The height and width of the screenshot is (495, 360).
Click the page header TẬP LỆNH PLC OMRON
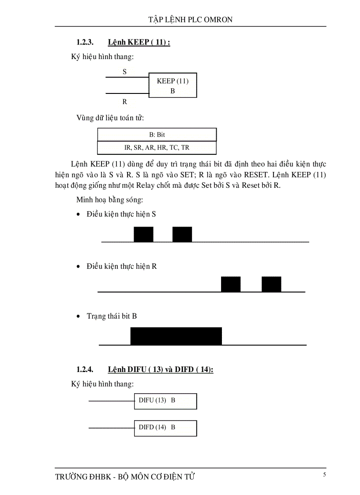pos(190,19)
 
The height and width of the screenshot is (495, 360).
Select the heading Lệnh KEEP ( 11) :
pos(139,43)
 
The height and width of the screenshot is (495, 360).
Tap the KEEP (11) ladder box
pos(173,85)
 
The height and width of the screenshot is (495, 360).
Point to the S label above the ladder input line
pos(125,71)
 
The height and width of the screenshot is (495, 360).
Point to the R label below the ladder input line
pos(125,102)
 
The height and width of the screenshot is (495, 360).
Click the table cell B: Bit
pos(157,134)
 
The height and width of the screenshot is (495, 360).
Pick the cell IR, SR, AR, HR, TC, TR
pos(157,147)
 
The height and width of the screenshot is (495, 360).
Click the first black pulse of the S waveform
pos(143,234)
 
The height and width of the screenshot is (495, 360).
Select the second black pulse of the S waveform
pos(182,234)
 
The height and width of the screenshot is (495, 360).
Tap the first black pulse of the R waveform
pos(231,284)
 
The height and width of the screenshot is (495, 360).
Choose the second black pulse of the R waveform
pos(271,284)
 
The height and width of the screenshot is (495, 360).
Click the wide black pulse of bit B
pos(176,336)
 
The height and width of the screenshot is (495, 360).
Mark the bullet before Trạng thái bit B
pos(79,316)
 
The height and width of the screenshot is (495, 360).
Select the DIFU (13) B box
pos(165,401)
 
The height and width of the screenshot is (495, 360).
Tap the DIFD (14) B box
pos(165,428)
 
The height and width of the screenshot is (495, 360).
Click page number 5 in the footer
pos(324,475)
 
